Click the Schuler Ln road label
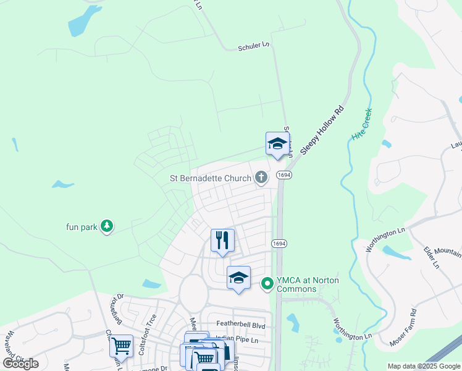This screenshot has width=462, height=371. pos(254,46)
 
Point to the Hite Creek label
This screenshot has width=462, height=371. pos(361,124)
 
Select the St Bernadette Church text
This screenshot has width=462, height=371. pos(211,178)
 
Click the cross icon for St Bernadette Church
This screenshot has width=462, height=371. pos(261,178)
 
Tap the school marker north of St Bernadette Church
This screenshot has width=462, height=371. pos(277,145)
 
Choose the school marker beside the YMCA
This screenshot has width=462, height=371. pos(238,279)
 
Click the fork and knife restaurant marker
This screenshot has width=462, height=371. pos(222,240)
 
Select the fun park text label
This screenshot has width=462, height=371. pos(82,227)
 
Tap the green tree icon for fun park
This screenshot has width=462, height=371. pos(107,226)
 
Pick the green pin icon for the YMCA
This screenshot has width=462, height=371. pos(267,284)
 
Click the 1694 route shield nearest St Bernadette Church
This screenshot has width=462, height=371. pos(284,176)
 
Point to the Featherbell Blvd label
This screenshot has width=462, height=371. pos(240,325)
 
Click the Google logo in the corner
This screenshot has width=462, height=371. pos(20,364)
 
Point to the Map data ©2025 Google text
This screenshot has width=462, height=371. pos(423,366)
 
